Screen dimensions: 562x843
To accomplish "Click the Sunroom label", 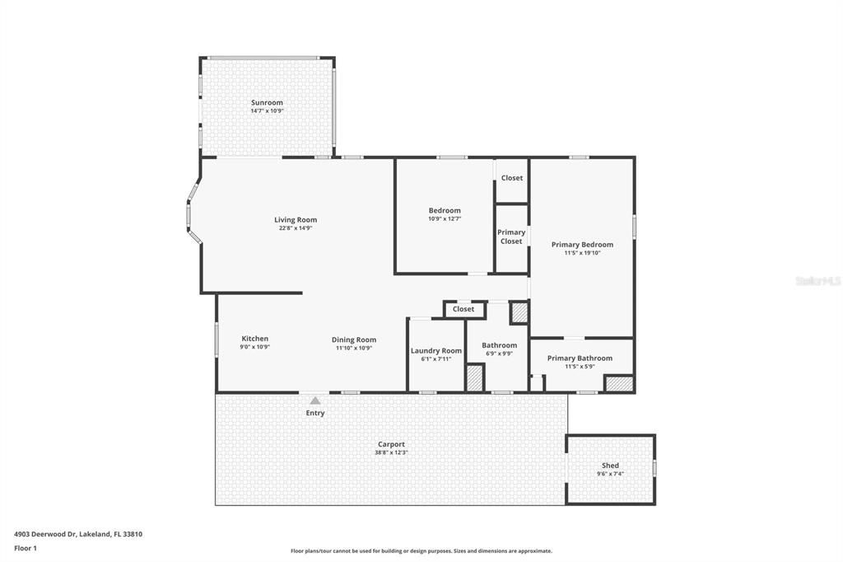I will (267, 103).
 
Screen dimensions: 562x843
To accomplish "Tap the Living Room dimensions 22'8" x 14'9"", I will (295, 228).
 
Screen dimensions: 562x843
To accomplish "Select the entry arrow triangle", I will (314, 400).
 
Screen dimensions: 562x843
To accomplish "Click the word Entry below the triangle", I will (315, 413).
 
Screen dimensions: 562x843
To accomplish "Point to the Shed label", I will (610, 466).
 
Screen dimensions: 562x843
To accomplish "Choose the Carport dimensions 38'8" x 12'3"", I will (391, 452).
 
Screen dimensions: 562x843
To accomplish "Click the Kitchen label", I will (254, 339).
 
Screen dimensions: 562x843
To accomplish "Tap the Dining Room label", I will (354, 340).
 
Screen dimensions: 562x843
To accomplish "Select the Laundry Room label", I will (436, 350).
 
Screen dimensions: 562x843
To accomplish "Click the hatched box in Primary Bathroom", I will (618, 384).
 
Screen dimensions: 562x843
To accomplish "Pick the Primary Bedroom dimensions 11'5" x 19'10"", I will (582, 253).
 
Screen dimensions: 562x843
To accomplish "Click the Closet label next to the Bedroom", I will (512, 178).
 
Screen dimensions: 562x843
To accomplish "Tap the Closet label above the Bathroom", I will (463, 309).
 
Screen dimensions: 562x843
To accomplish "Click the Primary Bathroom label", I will (580, 358).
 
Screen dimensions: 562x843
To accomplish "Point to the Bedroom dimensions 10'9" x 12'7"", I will (445, 219).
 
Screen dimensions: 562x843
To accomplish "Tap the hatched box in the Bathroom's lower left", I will (474, 378).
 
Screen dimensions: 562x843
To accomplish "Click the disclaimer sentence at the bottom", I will (421, 550).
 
